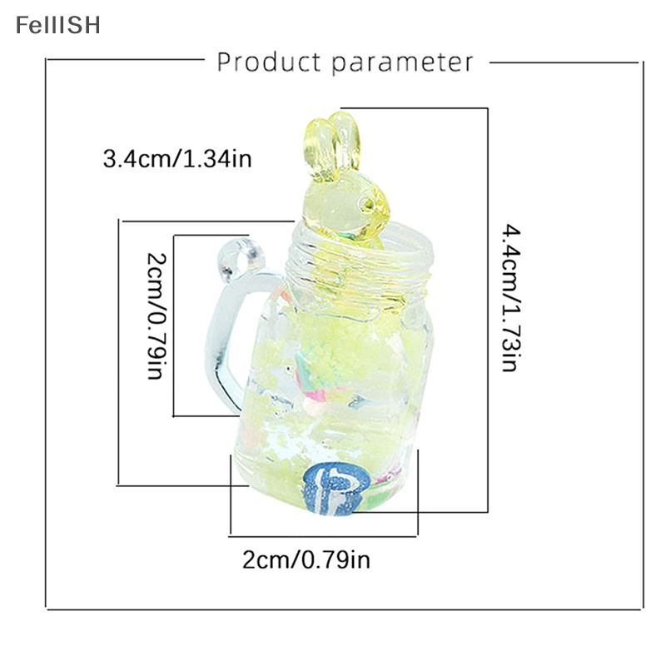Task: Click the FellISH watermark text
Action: (58, 25)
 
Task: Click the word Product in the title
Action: (269, 62)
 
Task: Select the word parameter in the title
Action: (402, 64)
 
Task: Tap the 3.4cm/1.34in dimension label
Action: (177, 159)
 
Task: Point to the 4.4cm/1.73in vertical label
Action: (509, 298)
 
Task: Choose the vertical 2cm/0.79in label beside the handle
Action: (156, 316)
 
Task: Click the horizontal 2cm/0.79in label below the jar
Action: (306, 559)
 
